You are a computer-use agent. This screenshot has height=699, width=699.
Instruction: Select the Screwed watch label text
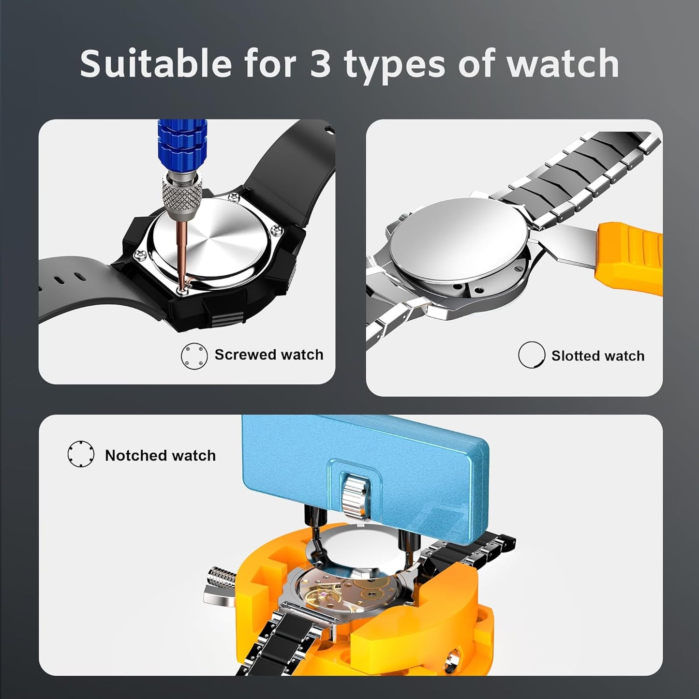pyautogui.click(x=268, y=355)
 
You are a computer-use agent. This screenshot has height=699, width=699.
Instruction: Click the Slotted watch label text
pyautogui.click(x=597, y=356)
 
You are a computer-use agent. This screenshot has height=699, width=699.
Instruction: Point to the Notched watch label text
pyautogui.click(x=160, y=456)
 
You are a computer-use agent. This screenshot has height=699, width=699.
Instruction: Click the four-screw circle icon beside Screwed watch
pyautogui.click(x=194, y=357)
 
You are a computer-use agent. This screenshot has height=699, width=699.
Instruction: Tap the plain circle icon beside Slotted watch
pyautogui.click(x=531, y=355)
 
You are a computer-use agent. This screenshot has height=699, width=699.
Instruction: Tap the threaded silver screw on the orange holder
pyautogui.click(x=221, y=577)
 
